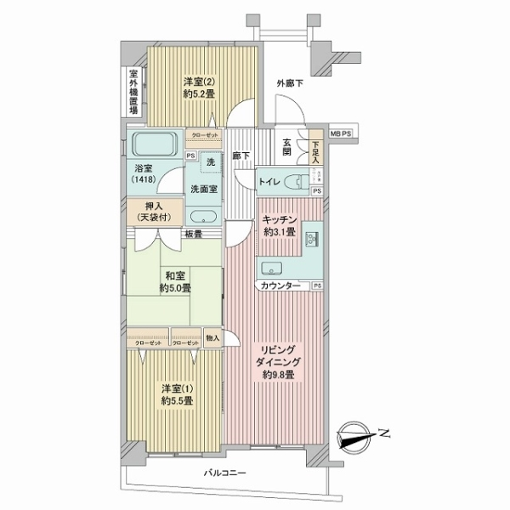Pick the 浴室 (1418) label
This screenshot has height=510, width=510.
pyautogui.click(x=143, y=174)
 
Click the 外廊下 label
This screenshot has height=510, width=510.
pyautogui.click(x=290, y=82)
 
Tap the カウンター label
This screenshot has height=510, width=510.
pyautogui.click(x=280, y=286)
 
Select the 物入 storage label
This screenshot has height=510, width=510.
pyautogui.click(x=212, y=338)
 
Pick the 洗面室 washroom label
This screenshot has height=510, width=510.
pyautogui.click(x=201, y=188)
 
